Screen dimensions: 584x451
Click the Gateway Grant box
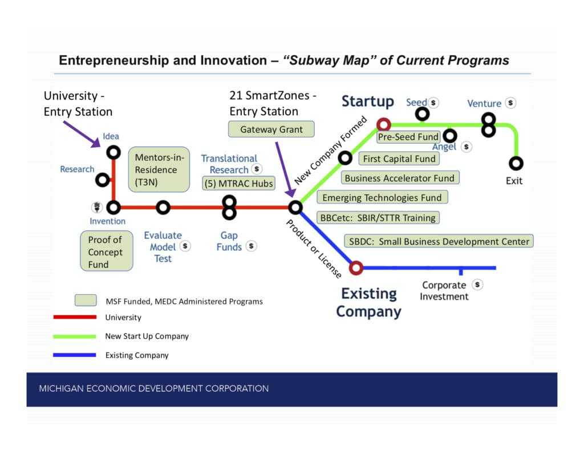click(271, 129)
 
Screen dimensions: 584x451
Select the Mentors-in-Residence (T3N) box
click(159, 169)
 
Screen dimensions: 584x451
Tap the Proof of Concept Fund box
click(107, 251)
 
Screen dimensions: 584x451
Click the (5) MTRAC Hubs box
click(239, 183)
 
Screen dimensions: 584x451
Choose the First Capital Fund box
click(399, 159)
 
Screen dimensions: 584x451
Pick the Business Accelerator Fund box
click(400, 178)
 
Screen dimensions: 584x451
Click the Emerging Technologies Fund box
click(382, 197)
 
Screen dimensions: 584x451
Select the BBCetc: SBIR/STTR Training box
click(378, 217)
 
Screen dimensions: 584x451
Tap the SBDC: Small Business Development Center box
click(439, 241)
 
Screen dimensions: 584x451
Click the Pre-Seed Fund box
click(408, 137)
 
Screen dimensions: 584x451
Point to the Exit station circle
click(516, 163)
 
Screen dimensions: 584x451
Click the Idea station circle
click(113, 152)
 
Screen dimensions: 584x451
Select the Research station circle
click(103, 180)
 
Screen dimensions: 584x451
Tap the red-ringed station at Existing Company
click(356, 267)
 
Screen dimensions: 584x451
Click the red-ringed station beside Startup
click(384, 124)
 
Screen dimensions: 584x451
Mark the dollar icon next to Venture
click(510, 103)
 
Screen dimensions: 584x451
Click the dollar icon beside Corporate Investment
click(477, 285)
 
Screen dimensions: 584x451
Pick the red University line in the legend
click(75, 317)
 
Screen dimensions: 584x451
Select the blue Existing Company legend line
click(75, 355)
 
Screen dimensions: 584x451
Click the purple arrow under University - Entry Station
click(82, 135)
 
